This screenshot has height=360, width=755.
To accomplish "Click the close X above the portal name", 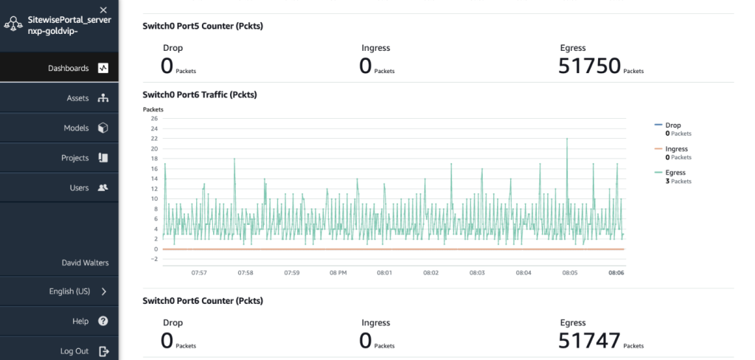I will tap(103, 10).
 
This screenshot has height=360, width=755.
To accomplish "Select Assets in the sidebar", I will tap(77, 98).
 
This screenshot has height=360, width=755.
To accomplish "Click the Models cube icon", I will tap(103, 128).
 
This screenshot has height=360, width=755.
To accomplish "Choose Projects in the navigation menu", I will tap(75, 158).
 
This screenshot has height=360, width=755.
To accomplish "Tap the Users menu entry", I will tap(79, 187).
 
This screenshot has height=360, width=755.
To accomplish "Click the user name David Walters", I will tap(84, 263).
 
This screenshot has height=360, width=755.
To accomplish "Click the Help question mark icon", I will tap(103, 321).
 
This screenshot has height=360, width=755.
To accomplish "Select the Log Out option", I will tap(74, 351).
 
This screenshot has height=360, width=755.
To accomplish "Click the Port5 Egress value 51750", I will tap(589, 66).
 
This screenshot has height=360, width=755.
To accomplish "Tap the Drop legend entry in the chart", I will tap(673, 125).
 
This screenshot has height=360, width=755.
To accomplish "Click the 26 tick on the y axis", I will tap(154, 118).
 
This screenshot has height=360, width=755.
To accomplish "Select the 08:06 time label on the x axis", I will tap(616, 272).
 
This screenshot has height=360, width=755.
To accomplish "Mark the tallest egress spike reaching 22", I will tap(567, 139).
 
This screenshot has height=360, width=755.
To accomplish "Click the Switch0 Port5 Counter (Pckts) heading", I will tap(203, 27).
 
